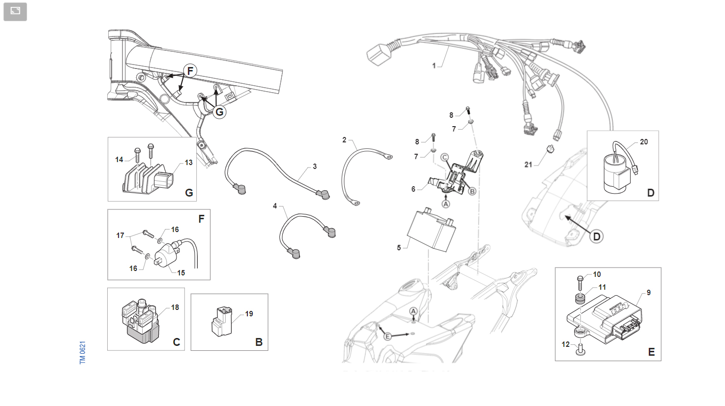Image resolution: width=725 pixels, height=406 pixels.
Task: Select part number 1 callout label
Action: pyautogui.click(x=434, y=66)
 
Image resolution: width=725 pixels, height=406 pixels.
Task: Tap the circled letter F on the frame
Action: pyautogui.click(x=190, y=70)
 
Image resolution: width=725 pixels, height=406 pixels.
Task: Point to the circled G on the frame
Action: pyautogui.click(x=219, y=112)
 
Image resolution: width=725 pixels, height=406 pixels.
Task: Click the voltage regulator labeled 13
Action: pyautogui.click(x=148, y=180)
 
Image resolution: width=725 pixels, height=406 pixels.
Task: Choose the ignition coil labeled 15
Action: pyautogui.click(x=167, y=255)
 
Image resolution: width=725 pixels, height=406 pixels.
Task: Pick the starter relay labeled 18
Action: pyautogui.click(x=140, y=320)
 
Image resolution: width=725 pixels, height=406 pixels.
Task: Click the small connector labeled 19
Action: pyautogui.click(x=222, y=322)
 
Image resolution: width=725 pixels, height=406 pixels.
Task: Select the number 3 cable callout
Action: pyautogui.click(x=315, y=167)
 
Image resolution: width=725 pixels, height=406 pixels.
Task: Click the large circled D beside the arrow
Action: pyautogui.click(x=597, y=237)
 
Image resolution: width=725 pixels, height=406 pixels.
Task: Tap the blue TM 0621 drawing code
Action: pyautogui.click(x=83, y=352)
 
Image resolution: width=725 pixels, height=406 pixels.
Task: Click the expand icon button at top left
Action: pyautogui.click(x=15, y=12)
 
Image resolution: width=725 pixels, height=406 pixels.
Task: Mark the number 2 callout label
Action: pyautogui.click(x=344, y=140)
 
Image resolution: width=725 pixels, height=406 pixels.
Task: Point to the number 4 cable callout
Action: pyautogui.click(x=275, y=206)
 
